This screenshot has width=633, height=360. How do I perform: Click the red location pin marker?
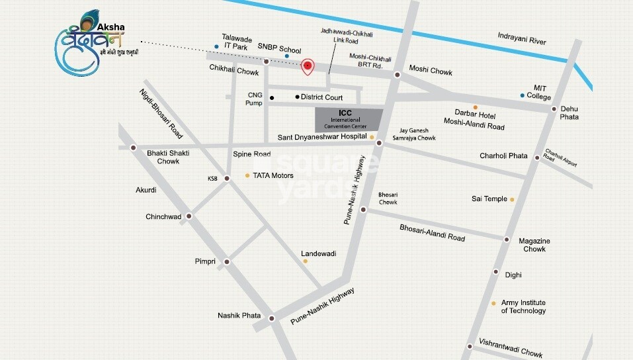coord(307,66)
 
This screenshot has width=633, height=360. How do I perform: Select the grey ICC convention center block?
coord(349,119)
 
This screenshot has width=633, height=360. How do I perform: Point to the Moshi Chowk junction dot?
coord(397,75)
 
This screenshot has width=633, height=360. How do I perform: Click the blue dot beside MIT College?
coord(523,96)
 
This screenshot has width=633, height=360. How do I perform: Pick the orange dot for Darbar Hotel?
coord(475,107)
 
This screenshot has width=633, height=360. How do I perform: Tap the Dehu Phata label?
coord(570,112)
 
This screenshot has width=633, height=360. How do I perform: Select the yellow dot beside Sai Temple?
coord(512,199)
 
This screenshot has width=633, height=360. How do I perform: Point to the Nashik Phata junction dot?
coord(273,318)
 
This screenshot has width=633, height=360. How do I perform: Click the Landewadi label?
coord(319,253)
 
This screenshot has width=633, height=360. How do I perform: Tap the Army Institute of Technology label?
coord(523,306)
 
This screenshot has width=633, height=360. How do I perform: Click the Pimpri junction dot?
coord(227,262)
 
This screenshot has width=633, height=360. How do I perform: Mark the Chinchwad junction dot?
coord(189,216)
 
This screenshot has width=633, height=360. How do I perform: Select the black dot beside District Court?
coord(297,97)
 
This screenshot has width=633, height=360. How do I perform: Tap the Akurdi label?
coord(146,190)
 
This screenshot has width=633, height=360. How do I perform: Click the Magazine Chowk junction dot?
coord(507,240)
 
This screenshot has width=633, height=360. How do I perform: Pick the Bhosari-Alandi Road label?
coord(432,233)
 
